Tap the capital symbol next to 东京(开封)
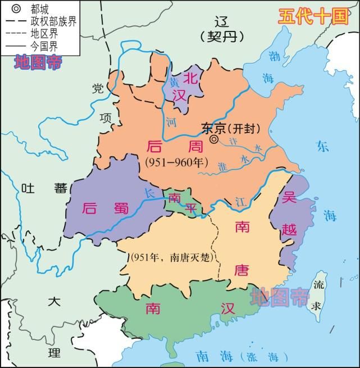214,139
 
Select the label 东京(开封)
231,128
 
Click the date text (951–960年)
176,162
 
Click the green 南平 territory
181,203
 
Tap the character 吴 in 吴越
290,198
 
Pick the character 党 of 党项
98,88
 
